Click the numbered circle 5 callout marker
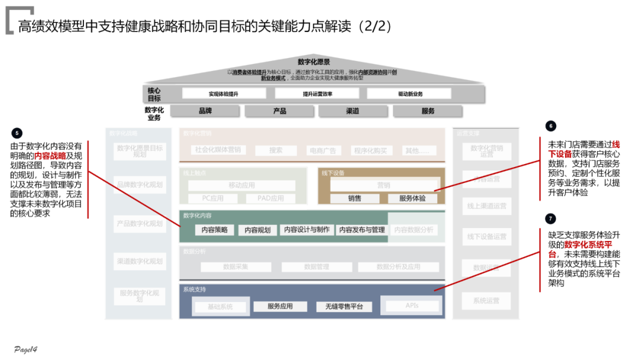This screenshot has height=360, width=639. coord(17,133)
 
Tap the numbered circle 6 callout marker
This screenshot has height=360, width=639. coord(551,126)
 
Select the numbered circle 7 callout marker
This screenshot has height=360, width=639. coord(551,218)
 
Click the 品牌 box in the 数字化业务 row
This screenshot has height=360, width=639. coord(205,111)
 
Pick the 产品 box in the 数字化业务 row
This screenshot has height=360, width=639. coord(280,111)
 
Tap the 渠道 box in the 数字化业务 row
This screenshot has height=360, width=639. coord(353,111)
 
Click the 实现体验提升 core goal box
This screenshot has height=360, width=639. coord(224,94)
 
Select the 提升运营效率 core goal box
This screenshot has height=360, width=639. coord(317,94)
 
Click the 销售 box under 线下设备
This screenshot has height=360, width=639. coord(354,198)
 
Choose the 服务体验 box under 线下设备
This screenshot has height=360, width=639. coord(412,198)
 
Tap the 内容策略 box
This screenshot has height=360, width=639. coord(214,230)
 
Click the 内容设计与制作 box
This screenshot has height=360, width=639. coord(306,230)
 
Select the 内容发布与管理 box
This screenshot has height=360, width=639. coord(362,230)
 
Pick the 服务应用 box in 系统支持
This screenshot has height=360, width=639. coord(280,307)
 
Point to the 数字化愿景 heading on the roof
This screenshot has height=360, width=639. coord(314,62)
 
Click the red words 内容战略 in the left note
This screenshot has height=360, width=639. coord(50,156)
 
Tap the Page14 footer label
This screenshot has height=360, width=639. coord(26,349)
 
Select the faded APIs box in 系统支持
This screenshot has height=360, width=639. coord(412,306)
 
